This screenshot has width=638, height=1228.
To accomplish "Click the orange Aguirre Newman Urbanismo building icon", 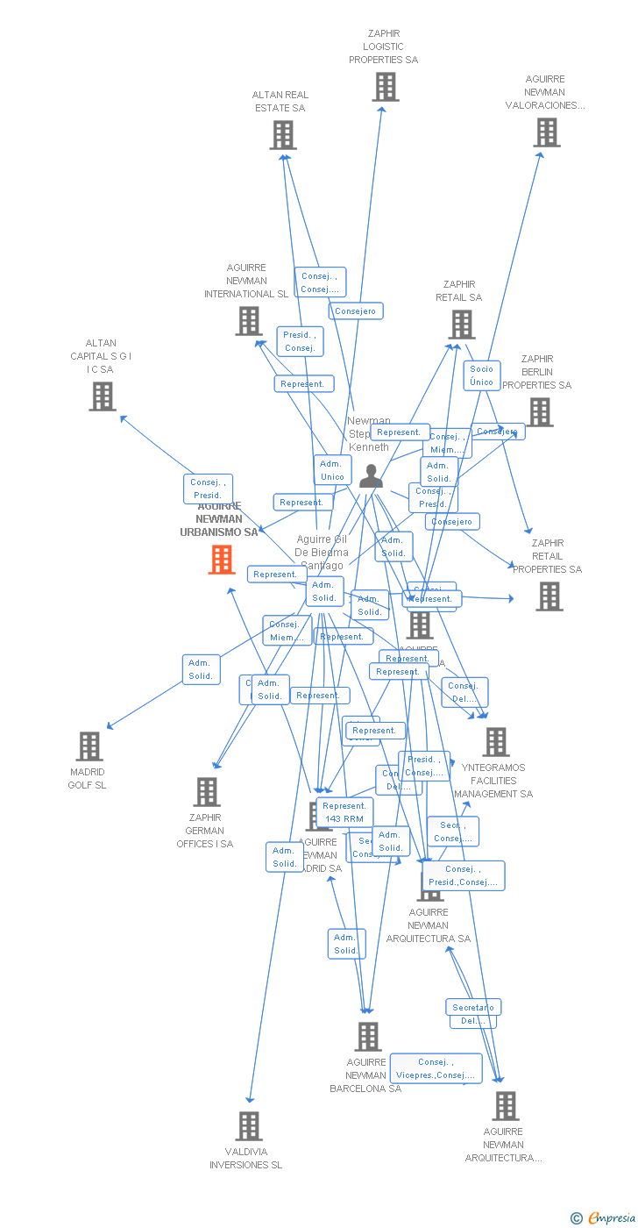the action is click(222, 560).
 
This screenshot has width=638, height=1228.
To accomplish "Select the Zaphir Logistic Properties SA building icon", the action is click(386, 87).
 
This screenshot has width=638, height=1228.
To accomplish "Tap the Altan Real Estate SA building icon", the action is click(282, 135).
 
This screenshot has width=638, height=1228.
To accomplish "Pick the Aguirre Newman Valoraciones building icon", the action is click(547, 132).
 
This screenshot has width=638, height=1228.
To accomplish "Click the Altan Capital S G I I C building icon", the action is click(103, 396).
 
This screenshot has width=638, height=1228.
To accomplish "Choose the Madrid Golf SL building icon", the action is click(89, 746).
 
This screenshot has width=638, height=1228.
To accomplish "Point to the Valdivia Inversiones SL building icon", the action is click(249, 1126).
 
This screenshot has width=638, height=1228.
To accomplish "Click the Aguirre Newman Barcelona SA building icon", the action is click(368, 1037).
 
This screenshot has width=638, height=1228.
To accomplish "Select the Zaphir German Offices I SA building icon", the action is click(207, 792).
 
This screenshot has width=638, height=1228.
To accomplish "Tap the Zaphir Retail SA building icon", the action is click(461, 325).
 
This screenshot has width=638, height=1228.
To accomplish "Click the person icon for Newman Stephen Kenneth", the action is click(371, 476).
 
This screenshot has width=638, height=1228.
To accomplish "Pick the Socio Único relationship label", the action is click(481, 375).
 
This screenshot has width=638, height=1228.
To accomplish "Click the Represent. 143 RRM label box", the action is click(344, 812).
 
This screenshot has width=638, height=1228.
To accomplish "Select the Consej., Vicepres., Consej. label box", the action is click(436, 1068).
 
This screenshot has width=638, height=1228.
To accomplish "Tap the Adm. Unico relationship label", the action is click(332, 470).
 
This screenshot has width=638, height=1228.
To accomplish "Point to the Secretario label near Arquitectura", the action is click(473, 1008).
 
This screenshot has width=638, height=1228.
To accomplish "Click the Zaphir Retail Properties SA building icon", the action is click(549, 596).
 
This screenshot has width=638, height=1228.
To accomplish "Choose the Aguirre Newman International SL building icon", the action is click(249, 321).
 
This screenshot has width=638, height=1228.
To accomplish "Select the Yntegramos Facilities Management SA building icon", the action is click(496, 742).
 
